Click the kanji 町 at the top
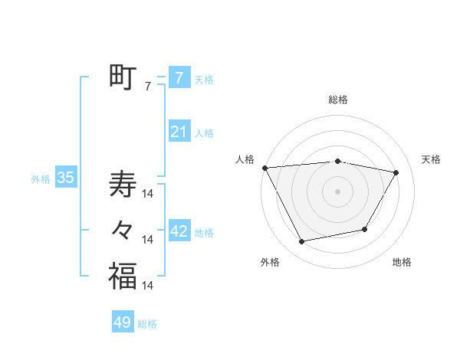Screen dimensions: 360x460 click(123, 77)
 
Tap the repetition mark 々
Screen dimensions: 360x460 click(123, 231)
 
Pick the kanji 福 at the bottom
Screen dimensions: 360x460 click(123, 276)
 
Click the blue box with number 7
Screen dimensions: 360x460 click(179, 77)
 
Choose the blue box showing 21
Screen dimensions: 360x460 click(179, 132)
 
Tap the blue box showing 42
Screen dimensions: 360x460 click(179, 231)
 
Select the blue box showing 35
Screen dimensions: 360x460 click(65, 178)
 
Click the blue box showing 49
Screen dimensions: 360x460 click(123, 322)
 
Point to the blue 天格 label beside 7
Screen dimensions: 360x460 click(204, 79)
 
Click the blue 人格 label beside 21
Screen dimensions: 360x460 click(204, 133)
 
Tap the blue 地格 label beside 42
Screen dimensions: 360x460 click(204, 232)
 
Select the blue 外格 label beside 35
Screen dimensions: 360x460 click(41, 179)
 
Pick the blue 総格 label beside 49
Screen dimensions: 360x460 click(147, 324)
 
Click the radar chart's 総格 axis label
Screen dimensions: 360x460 click(337, 100)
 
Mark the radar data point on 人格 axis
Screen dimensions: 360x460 click(264, 168)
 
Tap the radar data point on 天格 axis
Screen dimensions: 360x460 click(396, 172)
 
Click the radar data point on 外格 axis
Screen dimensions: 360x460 click(302, 241)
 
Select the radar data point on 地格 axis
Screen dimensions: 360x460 click(365, 229)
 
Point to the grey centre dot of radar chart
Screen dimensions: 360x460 click(337, 191)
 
